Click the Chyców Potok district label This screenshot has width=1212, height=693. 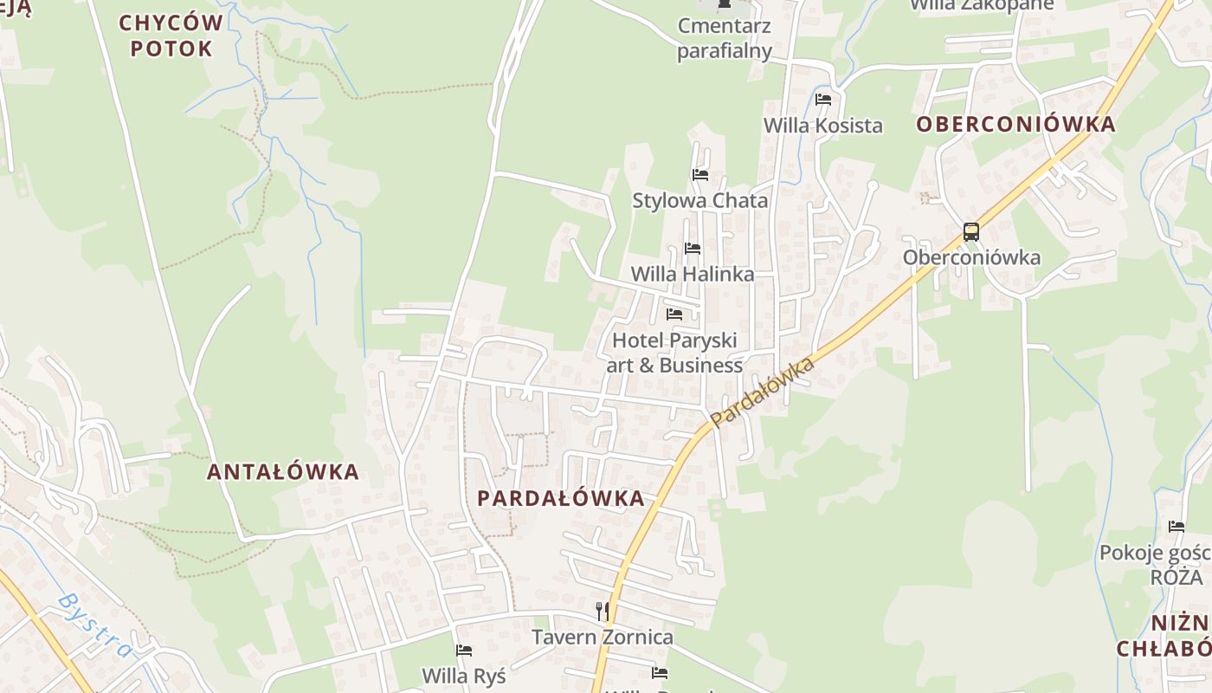(x=171, y=35)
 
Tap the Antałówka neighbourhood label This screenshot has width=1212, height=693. (x=282, y=472)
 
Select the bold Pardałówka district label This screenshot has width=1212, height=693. (x=561, y=498)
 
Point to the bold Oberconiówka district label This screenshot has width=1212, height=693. (x=1015, y=124)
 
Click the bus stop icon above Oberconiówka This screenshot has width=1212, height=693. (x=971, y=232)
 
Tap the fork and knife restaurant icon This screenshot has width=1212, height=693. (x=603, y=612)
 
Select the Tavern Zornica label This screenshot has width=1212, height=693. (x=602, y=638)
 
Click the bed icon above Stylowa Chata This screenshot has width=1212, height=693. (x=700, y=175)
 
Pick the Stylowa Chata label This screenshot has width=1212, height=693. (x=699, y=200)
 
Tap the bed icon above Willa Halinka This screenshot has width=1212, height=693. (x=693, y=249)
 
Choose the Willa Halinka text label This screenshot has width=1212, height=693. (x=692, y=274)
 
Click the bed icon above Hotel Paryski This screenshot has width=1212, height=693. (x=674, y=314)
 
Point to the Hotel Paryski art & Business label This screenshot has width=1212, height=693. (x=674, y=353)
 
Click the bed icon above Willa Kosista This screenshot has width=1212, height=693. (x=823, y=100)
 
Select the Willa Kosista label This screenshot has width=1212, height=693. (x=822, y=125)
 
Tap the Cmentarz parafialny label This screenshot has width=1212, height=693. (x=725, y=38)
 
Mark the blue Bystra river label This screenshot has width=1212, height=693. (x=95, y=625)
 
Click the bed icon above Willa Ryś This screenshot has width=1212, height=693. (x=464, y=651)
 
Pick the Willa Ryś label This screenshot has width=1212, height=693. (x=463, y=675)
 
